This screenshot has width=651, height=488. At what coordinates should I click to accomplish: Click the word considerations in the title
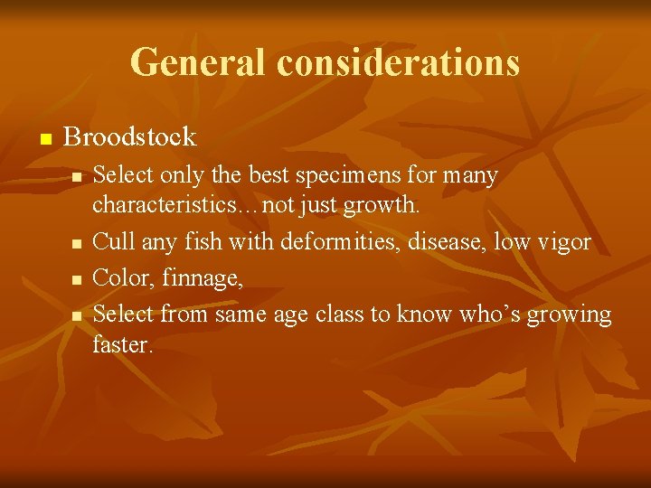pyautogui.click(x=399, y=62)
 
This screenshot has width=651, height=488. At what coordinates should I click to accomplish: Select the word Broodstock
pyautogui.click(x=130, y=137)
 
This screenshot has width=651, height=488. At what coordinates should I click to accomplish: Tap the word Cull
pyautogui.click(x=111, y=242)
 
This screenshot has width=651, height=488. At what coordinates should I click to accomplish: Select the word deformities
pyautogui.click(x=330, y=242)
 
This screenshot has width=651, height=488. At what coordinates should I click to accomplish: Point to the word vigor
pyautogui.click(x=564, y=242)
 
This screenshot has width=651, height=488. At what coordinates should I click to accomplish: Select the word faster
pyautogui.click(x=123, y=344)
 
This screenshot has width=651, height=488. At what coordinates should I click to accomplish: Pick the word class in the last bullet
pyautogui.click(x=343, y=314)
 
